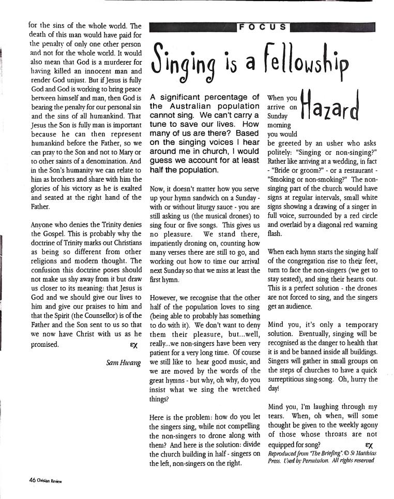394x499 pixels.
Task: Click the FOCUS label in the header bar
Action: (262, 26)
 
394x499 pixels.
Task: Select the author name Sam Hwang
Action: (123, 363)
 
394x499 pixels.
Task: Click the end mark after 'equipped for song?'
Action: (369, 445)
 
